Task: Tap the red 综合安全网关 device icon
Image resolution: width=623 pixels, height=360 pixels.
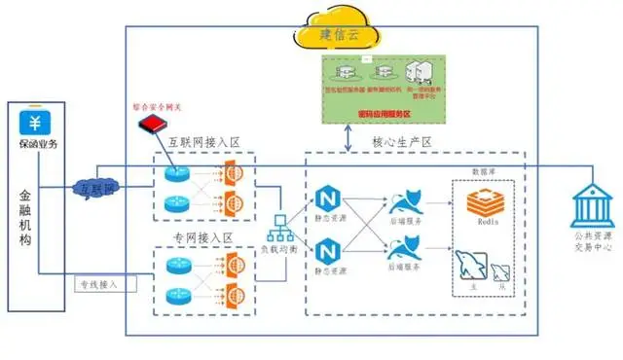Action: (x=151, y=125)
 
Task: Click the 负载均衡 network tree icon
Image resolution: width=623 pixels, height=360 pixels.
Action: (x=280, y=224)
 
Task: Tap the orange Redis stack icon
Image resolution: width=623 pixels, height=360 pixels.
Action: (x=484, y=205)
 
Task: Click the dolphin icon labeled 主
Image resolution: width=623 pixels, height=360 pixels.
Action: (x=467, y=266)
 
